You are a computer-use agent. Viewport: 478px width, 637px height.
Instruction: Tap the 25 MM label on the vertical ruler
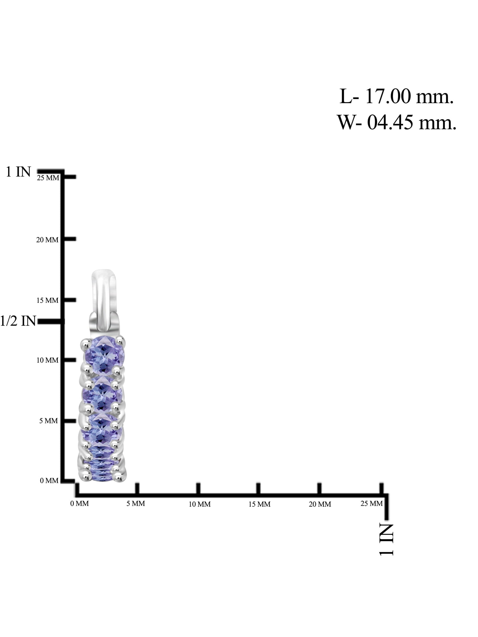tap(48, 178)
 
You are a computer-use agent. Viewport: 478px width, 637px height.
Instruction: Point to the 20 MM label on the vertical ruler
tap(47, 240)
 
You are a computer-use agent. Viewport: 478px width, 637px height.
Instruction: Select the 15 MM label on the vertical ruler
tap(47, 300)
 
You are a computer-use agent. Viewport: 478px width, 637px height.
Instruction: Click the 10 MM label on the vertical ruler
tap(47, 360)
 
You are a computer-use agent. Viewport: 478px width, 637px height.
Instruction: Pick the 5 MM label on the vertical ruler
tap(49, 421)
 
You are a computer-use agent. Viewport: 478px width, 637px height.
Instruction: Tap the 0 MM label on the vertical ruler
tap(49, 481)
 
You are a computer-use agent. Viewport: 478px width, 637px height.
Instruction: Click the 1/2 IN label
tap(18, 321)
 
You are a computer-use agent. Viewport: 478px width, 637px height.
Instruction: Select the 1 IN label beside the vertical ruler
tap(18, 172)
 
